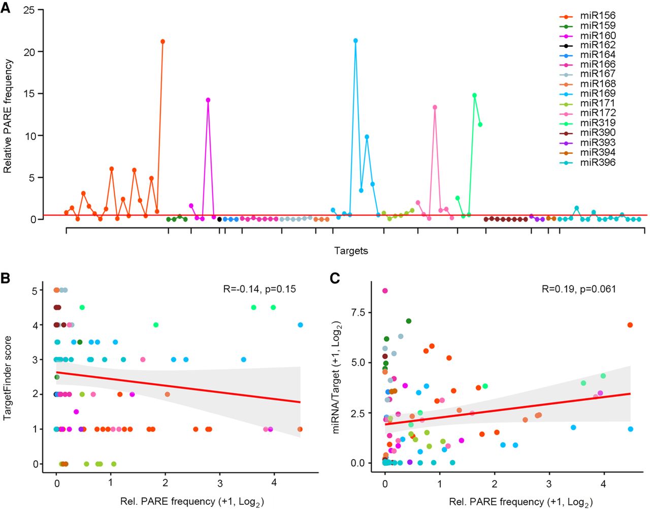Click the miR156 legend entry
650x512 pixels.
pyautogui.click(x=588, y=16)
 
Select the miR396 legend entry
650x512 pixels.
pyautogui.click(x=588, y=163)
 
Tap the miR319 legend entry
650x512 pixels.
pyautogui.click(x=588, y=123)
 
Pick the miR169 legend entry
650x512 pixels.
pyautogui.click(x=588, y=94)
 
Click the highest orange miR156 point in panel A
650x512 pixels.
pyautogui.click(x=163, y=41)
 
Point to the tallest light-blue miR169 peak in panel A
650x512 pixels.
pyautogui.click(x=355, y=41)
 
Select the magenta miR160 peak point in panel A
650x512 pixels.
pyautogui.click(x=208, y=100)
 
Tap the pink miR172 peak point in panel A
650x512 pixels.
pyautogui.click(x=435, y=107)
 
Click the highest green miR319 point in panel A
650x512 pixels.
pyautogui.click(x=474, y=95)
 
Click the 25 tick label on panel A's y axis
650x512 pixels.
pyautogui.click(x=30, y=11)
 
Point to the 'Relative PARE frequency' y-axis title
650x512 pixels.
pyautogui.click(x=8, y=116)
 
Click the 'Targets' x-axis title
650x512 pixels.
pyautogui.click(x=351, y=251)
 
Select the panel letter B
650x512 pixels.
pyautogui.click(x=6, y=278)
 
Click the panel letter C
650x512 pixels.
pyautogui.click(x=335, y=278)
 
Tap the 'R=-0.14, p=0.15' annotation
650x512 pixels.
pyautogui.click(x=259, y=289)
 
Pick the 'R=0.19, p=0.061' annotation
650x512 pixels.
pyautogui.click(x=579, y=289)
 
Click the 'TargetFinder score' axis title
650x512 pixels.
pyautogui.click(x=8, y=378)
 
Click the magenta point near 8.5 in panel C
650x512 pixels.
pyautogui.click(x=385, y=291)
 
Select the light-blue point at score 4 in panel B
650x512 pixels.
pyautogui.click(x=300, y=325)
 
